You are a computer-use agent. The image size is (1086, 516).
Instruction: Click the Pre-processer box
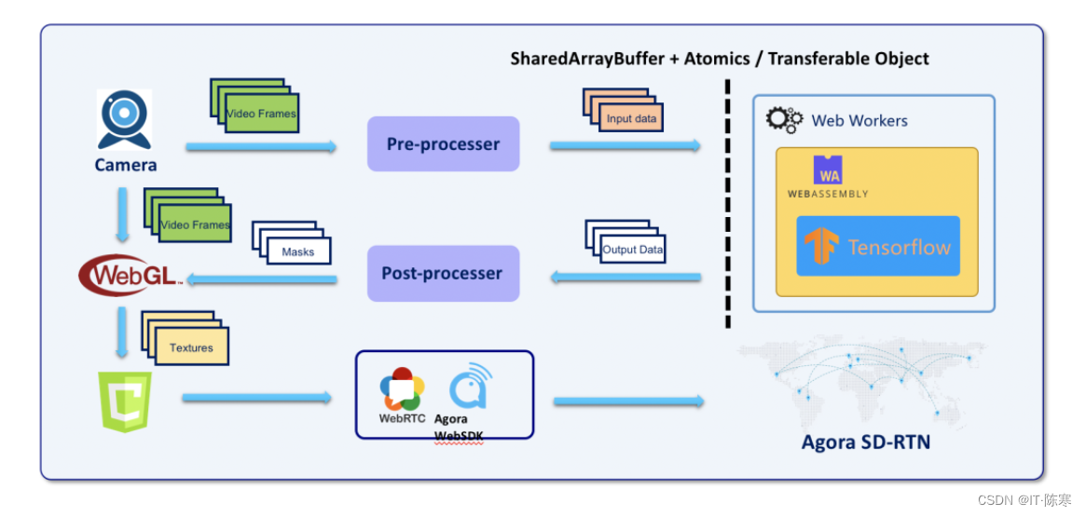coord(443,144)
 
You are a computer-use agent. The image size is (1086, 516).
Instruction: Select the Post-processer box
coord(443,274)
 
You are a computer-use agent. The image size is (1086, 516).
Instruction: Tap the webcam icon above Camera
coord(124,119)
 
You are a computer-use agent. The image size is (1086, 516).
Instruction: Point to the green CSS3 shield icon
coord(125,401)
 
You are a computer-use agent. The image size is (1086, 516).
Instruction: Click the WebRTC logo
coord(403,389)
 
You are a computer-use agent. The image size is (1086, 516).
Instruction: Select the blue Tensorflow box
coord(877,247)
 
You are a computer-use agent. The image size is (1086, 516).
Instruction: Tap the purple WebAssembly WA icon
coord(828,170)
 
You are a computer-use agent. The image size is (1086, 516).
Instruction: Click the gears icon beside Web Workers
coord(784,120)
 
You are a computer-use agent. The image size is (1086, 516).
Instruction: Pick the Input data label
coord(632,118)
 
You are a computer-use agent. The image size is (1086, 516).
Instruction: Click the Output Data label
coord(633,250)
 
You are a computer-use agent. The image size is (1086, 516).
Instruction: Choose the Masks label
coord(298,251)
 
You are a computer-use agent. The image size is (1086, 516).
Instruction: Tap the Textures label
coord(191,347)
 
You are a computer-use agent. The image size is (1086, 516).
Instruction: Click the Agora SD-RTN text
coord(865,441)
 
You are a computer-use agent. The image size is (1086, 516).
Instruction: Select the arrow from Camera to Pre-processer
coord(261,146)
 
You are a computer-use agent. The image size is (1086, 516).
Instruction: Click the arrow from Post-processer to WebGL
coord(261,278)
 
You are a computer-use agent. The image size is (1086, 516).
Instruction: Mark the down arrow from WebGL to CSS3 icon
coord(122,334)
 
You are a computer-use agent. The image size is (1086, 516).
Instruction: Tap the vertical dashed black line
coord(727,205)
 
